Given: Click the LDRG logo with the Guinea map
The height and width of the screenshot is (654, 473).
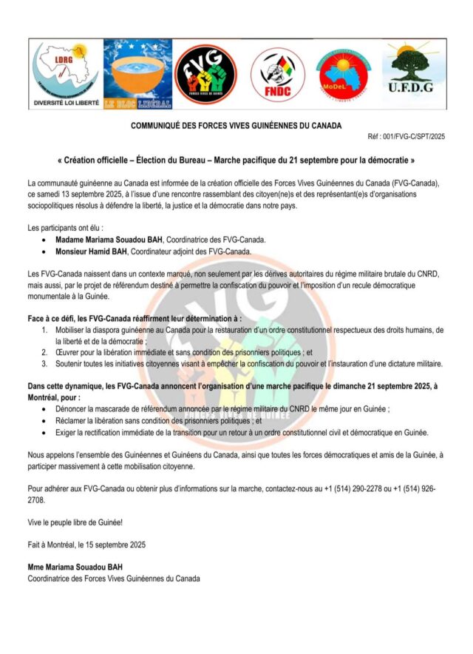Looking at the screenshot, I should click(66, 73).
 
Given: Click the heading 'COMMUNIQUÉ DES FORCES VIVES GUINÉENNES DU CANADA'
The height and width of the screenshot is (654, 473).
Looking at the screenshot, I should click(236, 127).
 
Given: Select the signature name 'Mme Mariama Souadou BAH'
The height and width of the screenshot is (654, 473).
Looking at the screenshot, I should click(75, 567).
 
